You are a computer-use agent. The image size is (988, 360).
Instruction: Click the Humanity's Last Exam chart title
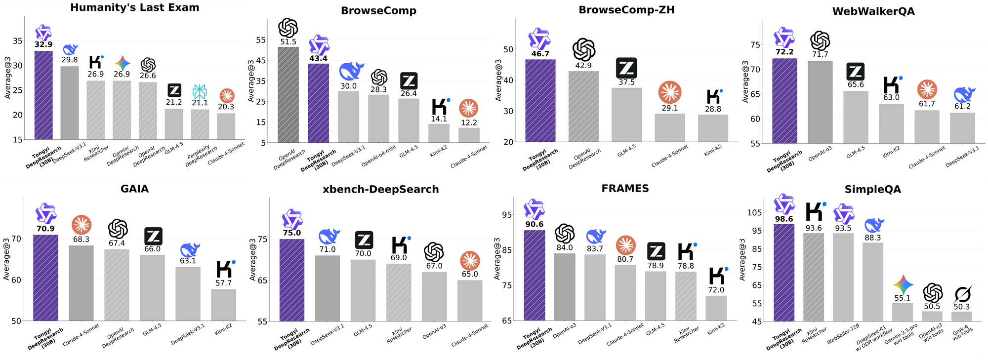tap(134, 7)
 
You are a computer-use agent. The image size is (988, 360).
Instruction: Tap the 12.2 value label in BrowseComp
tap(469, 122)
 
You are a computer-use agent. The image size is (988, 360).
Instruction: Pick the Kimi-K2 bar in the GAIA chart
tap(224, 305)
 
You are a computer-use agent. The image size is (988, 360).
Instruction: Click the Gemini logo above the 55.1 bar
tap(904, 284)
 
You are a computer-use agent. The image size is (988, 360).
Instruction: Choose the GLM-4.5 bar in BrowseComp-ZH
tap(627, 115)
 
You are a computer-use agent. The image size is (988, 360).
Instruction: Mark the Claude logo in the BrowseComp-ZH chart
tap(670, 92)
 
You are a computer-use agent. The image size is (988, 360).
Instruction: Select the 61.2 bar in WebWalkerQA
tap(962, 128)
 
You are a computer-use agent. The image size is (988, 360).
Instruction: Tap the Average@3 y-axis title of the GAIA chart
tap(7, 259)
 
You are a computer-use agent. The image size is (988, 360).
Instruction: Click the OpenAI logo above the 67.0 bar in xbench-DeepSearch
tap(434, 252)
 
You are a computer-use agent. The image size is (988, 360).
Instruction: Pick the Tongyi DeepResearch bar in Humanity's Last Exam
tap(43, 95)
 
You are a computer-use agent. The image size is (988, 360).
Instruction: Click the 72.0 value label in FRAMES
tap(716, 290)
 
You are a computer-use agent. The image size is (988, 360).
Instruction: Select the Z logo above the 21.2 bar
tap(174, 90)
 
